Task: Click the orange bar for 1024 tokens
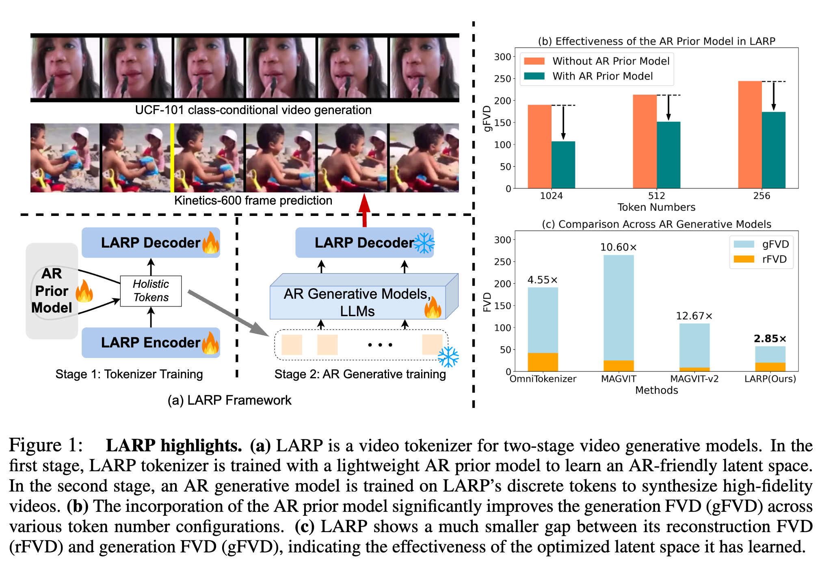click(x=539, y=146)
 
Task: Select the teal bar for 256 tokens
click(x=773, y=150)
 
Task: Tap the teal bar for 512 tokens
click(x=668, y=155)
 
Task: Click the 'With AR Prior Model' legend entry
click(x=602, y=76)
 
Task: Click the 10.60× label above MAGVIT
click(x=618, y=247)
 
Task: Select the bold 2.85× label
click(x=770, y=339)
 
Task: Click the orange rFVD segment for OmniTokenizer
click(x=543, y=362)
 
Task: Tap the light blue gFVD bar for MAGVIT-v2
click(x=694, y=345)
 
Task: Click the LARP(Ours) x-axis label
click(x=770, y=379)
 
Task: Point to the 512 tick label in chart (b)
click(x=656, y=196)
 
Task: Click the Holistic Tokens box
click(x=151, y=291)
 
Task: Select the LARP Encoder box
click(x=151, y=343)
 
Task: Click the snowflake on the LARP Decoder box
click(x=424, y=243)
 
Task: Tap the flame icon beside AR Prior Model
click(x=84, y=291)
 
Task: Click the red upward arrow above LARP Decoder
click(x=364, y=209)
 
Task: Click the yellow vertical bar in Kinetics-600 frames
click(x=172, y=157)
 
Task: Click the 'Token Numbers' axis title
click(x=656, y=207)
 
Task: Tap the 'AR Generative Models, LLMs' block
click(x=357, y=302)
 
